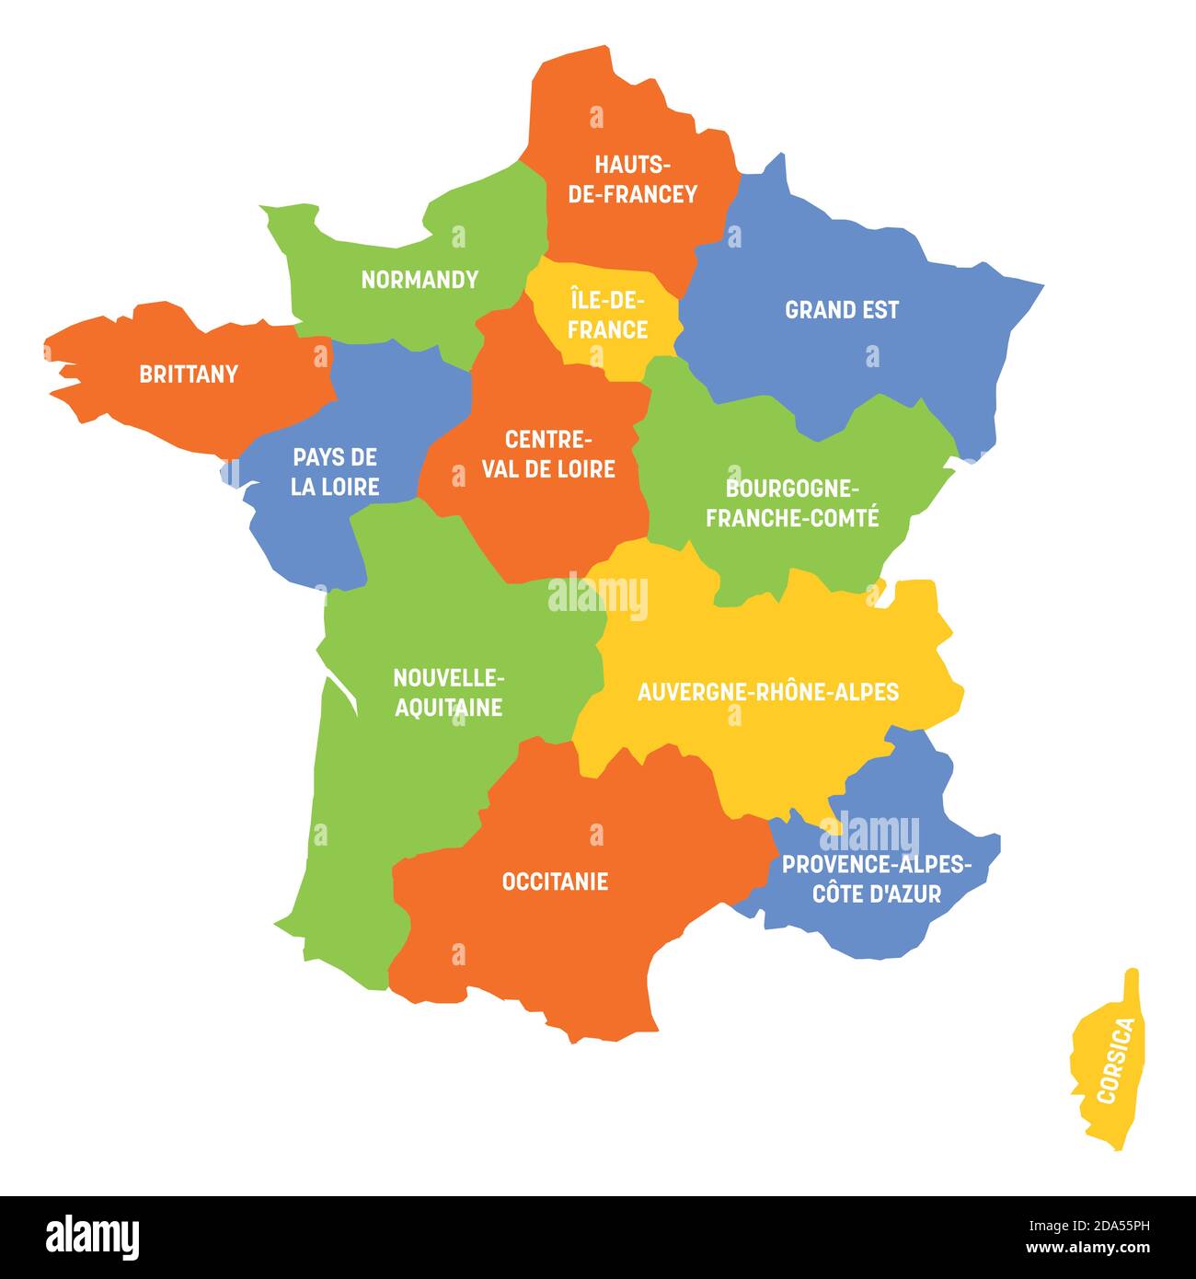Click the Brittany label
(x=189, y=374)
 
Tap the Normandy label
(x=420, y=280)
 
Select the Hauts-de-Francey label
(x=633, y=179)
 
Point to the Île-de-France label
(x=607, y=315)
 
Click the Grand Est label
(x=842, y=310)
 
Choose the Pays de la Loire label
(x=335, y=472)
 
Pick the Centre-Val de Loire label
(x=548, y=454)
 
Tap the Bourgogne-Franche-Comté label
(x=792, y=502)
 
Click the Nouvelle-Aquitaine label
(x=449, y=692)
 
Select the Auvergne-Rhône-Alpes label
(x=768, y=692)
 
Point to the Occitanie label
(x=555, y=881)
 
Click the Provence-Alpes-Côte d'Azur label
(x=876, y=879)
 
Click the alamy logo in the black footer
(x=93, y=1236)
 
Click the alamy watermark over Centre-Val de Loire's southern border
(x=598, y=595)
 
